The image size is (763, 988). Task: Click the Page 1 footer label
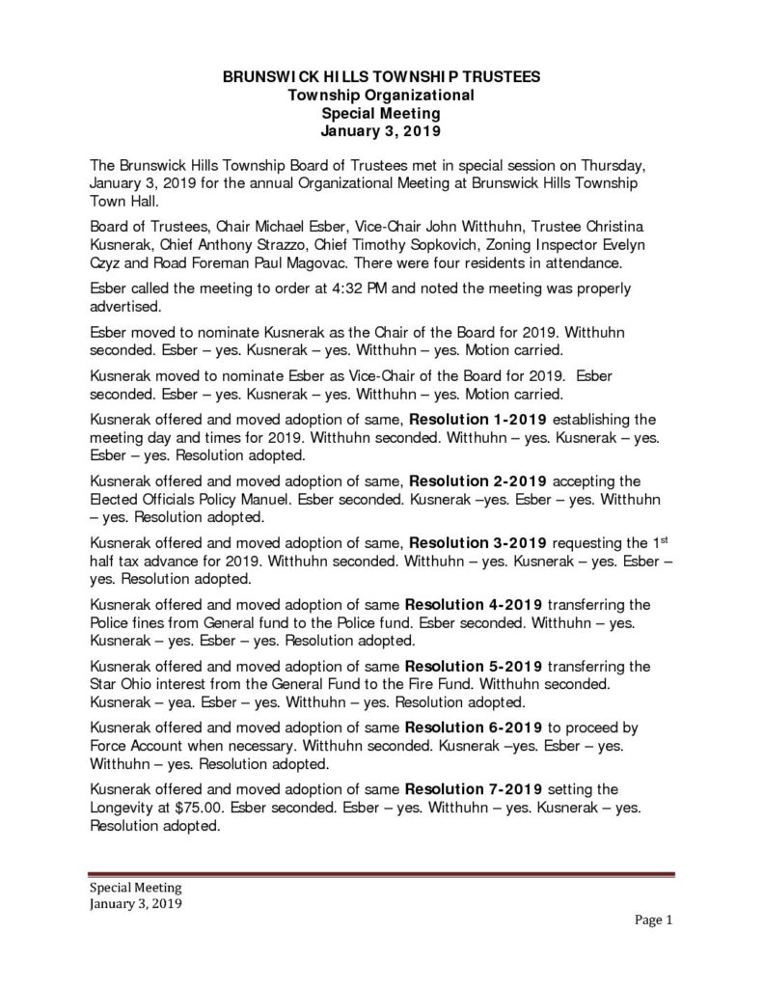[x=653, y=919]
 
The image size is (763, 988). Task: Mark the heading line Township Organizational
[x=381, y=95]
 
